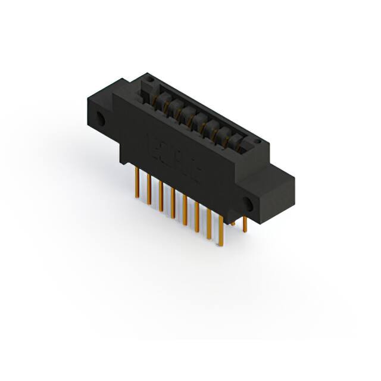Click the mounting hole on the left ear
coord(101,119)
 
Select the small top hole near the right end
coord(257,142)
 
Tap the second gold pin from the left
coord(149,189)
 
